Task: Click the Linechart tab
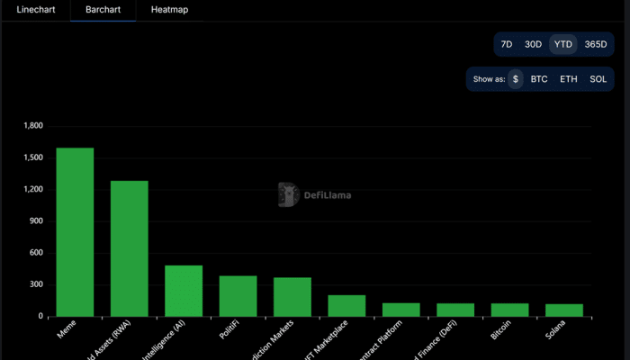[x=35, y=11]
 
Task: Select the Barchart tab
[x=103, y=11]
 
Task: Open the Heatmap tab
[x=170, y=11]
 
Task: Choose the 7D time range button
[x=507, y=44]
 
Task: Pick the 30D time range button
[x=534, y=44]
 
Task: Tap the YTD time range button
[x=563, y=44]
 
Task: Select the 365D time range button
[x=595, y=44]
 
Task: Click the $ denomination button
[x=516, y=79]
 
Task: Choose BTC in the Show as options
[x=539, y=79]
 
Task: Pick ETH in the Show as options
[x=569, y=79]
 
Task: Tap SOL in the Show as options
[x=598, y=79]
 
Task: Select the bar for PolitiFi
[x=238, y=296]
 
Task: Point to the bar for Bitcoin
[x=509, y=310]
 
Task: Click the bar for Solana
[x=564, y=310]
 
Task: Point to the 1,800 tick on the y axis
[x=33, y=126]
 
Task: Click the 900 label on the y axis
[x=37, y=221]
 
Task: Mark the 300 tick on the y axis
[x=37, y=285]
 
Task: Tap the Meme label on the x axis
[x=67, y=332]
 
